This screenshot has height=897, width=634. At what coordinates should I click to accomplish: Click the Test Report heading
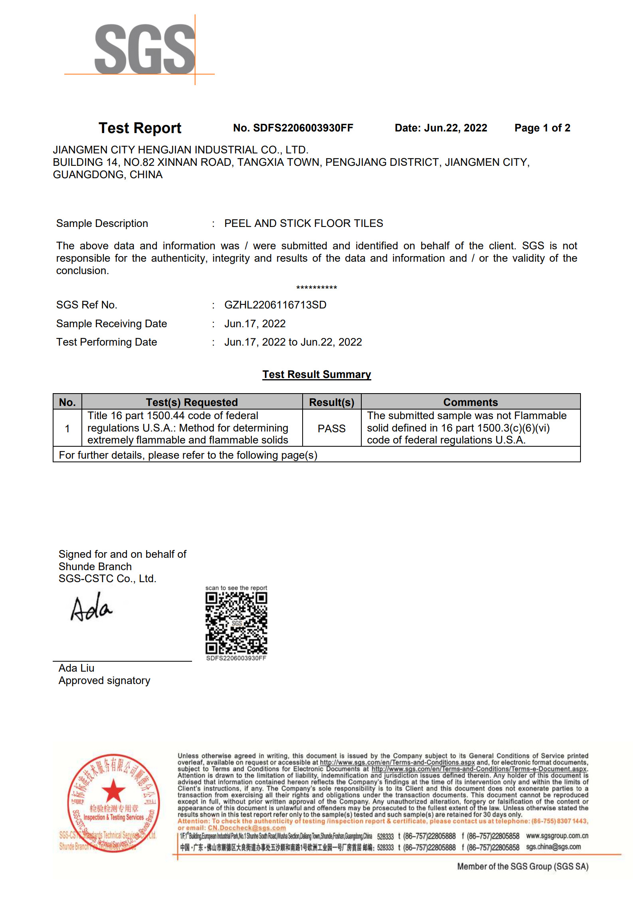140,128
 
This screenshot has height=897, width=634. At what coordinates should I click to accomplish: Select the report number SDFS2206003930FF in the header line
303,128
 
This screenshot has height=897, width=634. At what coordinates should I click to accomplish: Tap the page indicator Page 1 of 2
542,128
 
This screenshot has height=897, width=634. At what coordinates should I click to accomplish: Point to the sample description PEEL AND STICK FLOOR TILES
303,223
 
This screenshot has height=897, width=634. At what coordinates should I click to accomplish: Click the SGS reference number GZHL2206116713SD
275,305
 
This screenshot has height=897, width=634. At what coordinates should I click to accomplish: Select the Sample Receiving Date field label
111,324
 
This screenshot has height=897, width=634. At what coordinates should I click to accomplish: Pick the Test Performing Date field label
107,342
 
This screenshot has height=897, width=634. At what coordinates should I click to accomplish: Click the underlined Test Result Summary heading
317,375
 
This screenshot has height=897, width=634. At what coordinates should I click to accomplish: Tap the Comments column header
470,402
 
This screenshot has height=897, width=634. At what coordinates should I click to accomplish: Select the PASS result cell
331,429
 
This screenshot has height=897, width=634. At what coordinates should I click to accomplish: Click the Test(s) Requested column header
192,402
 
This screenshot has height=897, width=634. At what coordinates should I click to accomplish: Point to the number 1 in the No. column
67,429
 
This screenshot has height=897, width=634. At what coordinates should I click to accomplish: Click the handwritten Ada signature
91,608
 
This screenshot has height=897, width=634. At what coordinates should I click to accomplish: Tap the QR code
236,623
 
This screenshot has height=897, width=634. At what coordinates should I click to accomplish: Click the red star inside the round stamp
113,790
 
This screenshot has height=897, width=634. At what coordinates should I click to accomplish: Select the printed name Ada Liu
76,668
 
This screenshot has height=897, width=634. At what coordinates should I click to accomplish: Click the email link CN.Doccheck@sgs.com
247,828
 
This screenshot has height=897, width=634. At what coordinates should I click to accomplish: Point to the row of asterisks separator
317,288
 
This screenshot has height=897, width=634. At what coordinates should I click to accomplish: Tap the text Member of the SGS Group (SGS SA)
523,866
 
